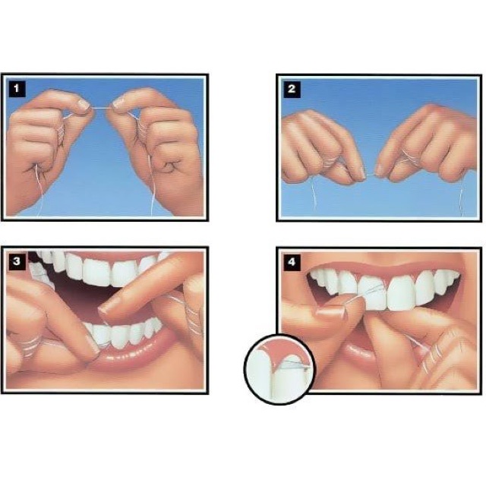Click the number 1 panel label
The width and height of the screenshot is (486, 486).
[17, 89]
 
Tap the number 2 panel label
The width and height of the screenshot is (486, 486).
[292, 89]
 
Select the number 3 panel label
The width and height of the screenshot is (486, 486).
[17, 261]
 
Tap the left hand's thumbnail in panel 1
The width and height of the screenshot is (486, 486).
[82, 103]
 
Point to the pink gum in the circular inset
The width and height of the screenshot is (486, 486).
[277, 352]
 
